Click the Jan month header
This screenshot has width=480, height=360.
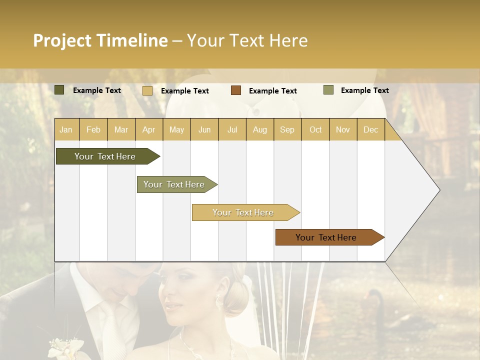coord(66,129)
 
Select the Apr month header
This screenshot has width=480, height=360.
coord(148,129)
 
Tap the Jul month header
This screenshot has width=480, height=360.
coord(232,129)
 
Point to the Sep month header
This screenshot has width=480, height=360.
coord(287,129)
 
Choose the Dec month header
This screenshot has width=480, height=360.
coord(370,129)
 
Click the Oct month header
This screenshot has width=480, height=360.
coord(315,129)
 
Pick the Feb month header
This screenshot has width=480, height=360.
coord(93,129)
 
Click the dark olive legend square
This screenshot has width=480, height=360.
coord(59,90)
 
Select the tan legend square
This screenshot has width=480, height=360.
coord(147,90)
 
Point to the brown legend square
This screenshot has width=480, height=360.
coord(236,90)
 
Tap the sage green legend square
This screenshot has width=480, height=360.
coord(328,90)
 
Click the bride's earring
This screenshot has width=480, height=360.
coord(219,301)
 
